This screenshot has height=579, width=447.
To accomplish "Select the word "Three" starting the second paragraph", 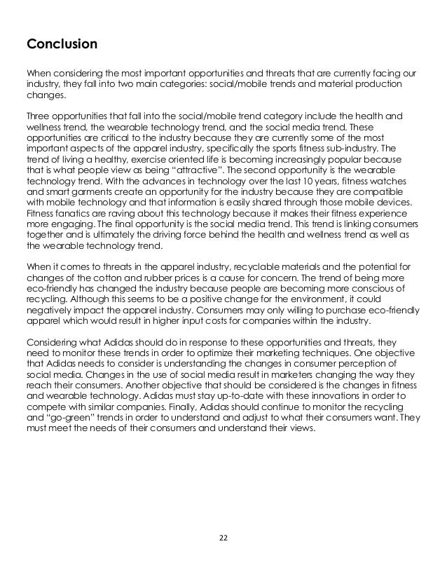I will pyautogui.click(x=39, y=115).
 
